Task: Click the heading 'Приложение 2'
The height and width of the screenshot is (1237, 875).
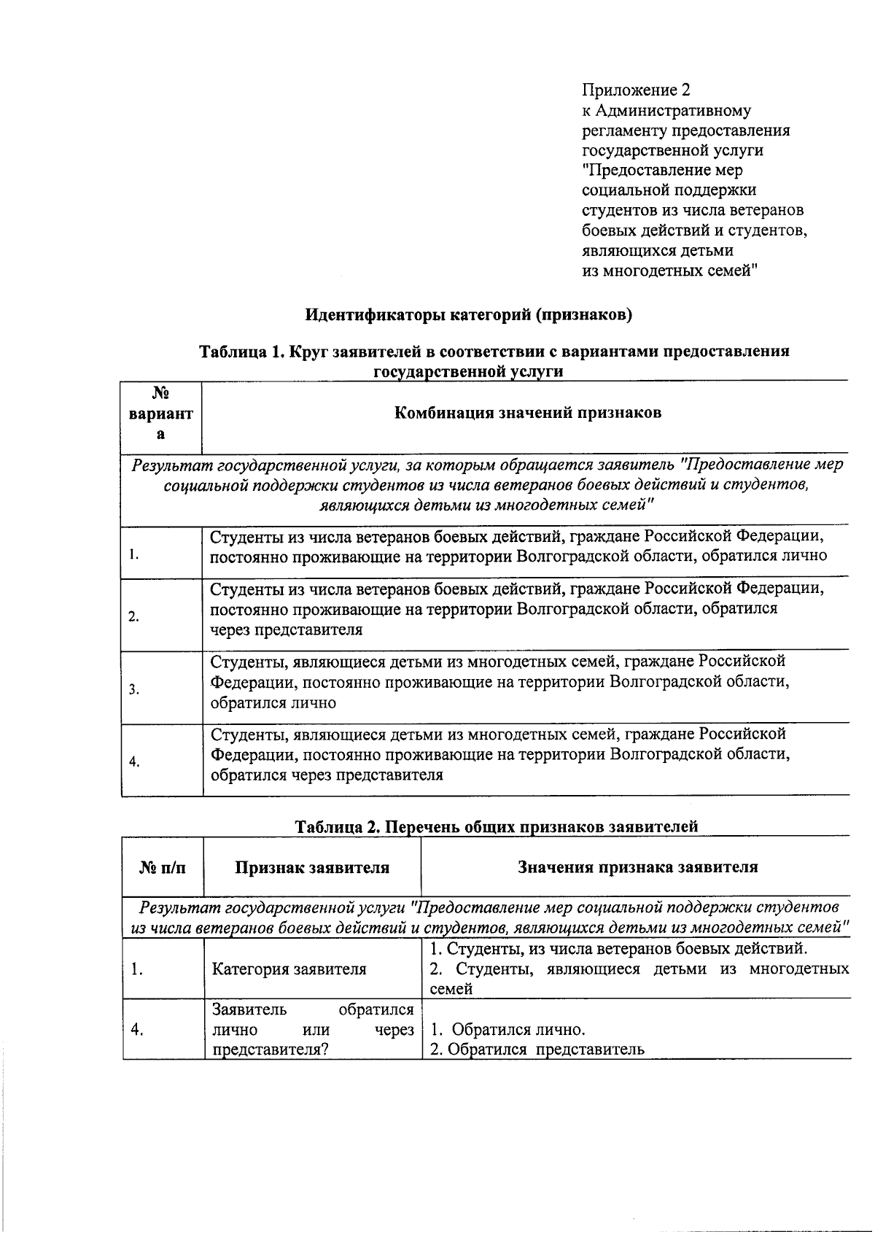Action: [636, 90]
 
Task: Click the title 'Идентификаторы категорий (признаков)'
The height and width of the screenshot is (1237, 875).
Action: [468, 315]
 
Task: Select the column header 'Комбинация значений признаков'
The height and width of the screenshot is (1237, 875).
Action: [527, 413]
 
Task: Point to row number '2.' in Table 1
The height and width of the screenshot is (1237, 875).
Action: [134, 617]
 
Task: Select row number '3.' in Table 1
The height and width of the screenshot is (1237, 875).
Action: [134, 689]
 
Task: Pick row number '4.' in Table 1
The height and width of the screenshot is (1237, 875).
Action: [134, 762]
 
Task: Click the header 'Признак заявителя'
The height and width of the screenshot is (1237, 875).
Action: [311, 867]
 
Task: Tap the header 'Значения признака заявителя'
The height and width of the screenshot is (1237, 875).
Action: [637, 866]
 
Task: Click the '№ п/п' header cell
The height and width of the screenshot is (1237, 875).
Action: [162, 867]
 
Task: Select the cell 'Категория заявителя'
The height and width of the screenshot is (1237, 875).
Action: [289, 969]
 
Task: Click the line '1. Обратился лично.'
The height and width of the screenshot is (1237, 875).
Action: [508, 1030]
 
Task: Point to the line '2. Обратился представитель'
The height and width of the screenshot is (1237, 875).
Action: [537, 1050]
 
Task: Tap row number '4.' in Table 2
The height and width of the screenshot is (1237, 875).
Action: [136, 1030]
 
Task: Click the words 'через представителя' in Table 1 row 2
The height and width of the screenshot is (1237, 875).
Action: [286, 629]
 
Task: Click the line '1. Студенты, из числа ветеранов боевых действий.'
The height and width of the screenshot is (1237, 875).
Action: [619, 949]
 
